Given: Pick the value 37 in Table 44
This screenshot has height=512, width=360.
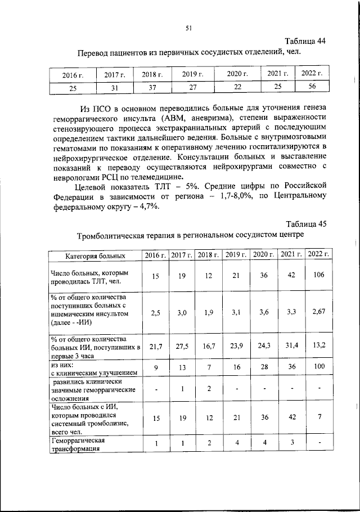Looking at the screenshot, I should coord(151,88).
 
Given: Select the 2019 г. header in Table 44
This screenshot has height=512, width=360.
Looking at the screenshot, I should coord(192,74).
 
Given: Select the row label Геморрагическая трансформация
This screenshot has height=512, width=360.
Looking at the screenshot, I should coord(76,444).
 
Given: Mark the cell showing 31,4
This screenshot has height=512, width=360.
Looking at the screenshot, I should coord(291,348).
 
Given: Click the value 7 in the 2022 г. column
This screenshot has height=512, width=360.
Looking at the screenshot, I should coord(318,418).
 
